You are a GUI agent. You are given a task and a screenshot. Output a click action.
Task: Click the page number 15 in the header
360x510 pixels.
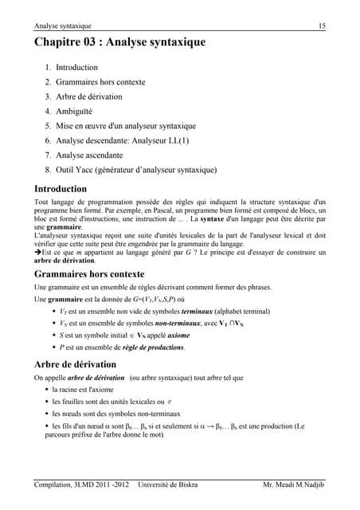point(322,26)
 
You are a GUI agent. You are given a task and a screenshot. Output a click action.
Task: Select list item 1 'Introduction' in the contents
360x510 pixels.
point(76,68)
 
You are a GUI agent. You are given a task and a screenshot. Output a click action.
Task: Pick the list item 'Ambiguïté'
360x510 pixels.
point(74,112)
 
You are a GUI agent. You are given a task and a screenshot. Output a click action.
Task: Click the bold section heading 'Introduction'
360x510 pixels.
point(61,190)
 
